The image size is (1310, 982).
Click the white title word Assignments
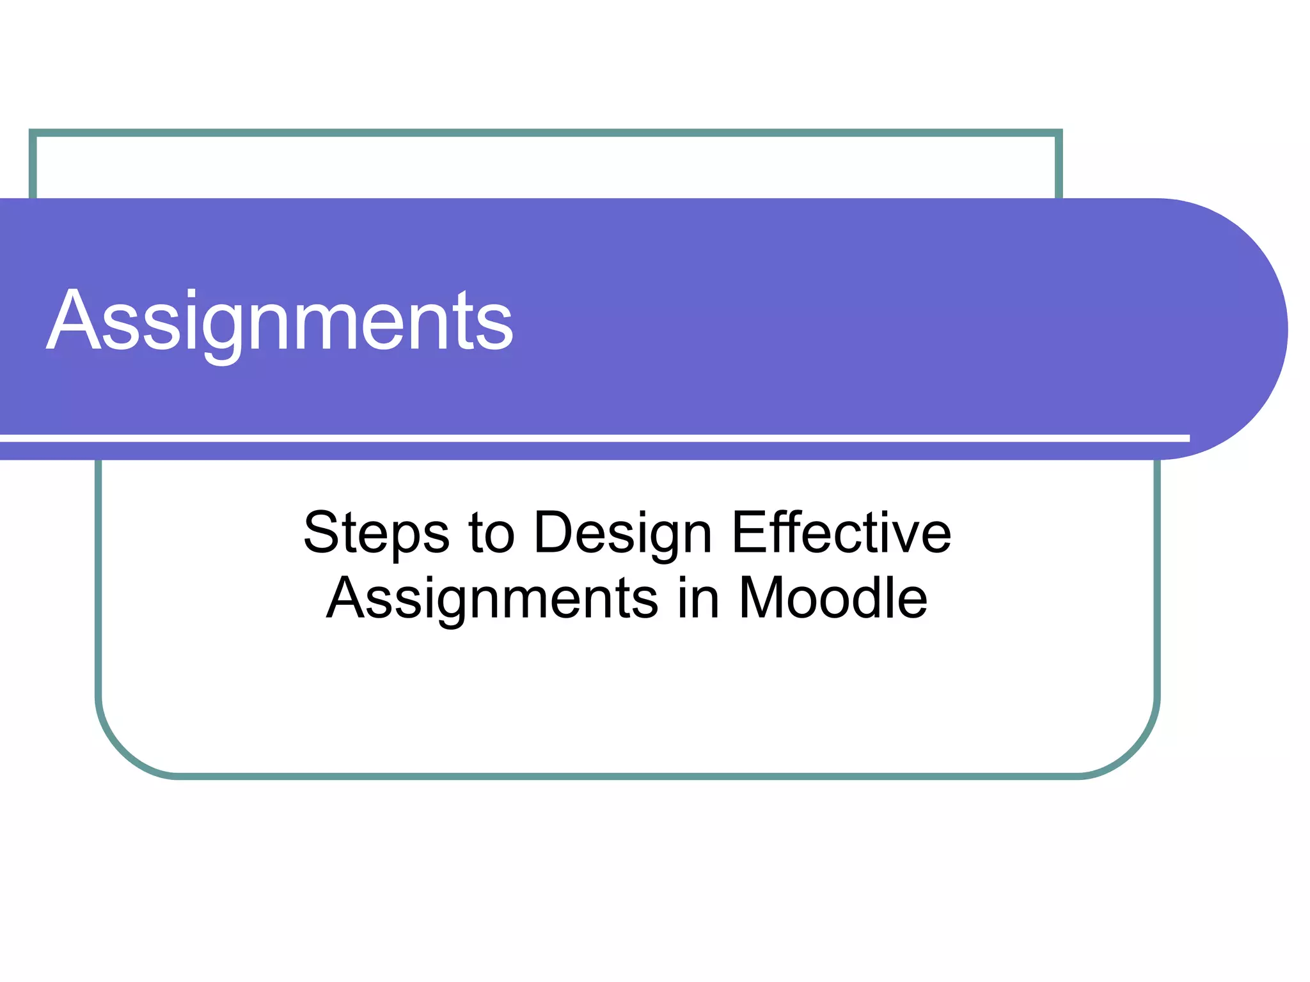click(x=280, y=321)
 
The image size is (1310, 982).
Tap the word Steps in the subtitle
click(x=376, y=533)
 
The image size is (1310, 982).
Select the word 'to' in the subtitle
click(x=491, y=533)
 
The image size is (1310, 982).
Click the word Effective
click(x=841, y=533)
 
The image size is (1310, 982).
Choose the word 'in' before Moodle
click(x=698, y=598)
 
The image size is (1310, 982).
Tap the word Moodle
click(x=833, y=598)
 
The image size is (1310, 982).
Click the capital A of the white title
click(x=70, y=321)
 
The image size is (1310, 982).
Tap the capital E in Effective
click(x=748, y=533)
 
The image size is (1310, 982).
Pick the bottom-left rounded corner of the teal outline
click(x=122, y=752)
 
